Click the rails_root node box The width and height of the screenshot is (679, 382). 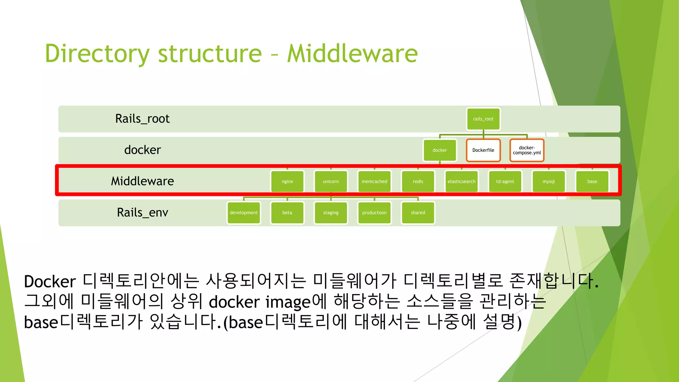pyautogui.click(x=483, y=119)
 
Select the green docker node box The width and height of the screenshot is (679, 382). pyautogui.click(x=440, y=150)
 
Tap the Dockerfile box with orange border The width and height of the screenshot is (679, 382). pyautogui.click(x=483, y=150)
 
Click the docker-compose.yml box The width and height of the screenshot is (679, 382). pyautogui.click(x=526, y=150)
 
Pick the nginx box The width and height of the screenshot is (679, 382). pyautogui.click(x=287, y=181)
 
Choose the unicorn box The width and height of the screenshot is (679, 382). pyautogui.click(x=331, y=181)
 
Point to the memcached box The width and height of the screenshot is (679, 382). pyautogui.click(x=374, y=181)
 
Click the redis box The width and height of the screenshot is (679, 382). pyautogui.click(x=418, y=181)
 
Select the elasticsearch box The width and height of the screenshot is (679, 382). pyautogui.click(x=462, y=181)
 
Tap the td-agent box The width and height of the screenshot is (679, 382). pyautogui.click(x=505, y=181)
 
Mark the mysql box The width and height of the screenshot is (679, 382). pyautogui.click(x=548, y=181)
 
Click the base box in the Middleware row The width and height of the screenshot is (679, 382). pyautogui.click(x=592, y=181)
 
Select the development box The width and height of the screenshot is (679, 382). pyautogui.click(x=244, y=213)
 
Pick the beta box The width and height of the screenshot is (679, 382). pyautogui.click(x=287, y=213)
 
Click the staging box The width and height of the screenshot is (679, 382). pyautogui.click(x=331, y=213)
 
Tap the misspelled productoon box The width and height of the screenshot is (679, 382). pyautogui.click(x=374, y=213)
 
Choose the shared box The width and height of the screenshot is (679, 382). pyautogui.click(x=418, y=213)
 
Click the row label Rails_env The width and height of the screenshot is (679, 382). pyautogui.click(x=143, y=213)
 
